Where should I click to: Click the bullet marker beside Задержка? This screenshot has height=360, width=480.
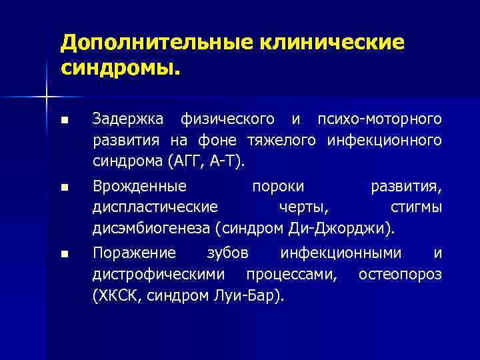click(63, 121)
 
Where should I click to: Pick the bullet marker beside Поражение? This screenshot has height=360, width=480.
click(63, 254)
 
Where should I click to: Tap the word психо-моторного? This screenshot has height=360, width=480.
click(380, 119)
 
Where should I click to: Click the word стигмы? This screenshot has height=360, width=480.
click(416, 207)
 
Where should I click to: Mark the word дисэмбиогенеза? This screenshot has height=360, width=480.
click(151, 229)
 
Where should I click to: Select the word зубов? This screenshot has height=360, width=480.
click(228, 253)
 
